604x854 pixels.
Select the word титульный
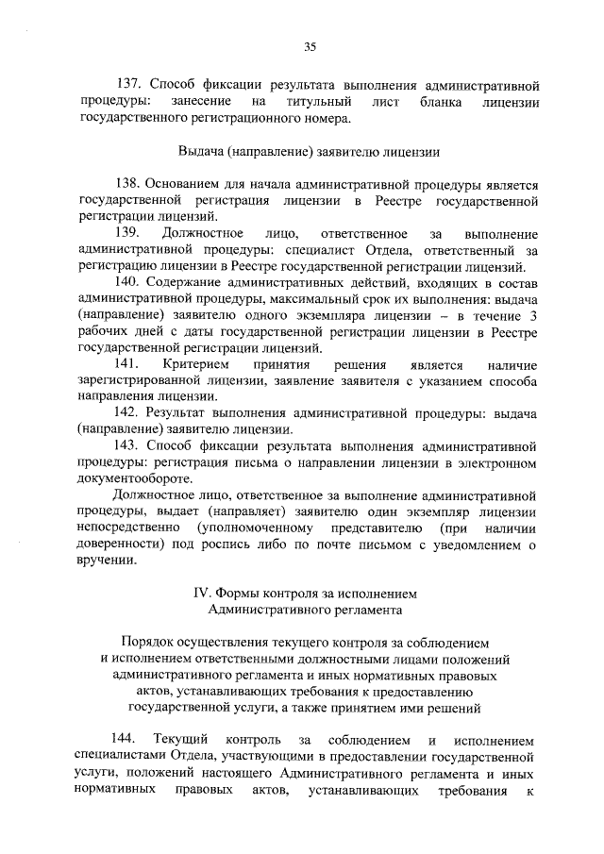click(x=324, y=102)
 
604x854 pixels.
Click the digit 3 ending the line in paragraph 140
click(x=533, y=315)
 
